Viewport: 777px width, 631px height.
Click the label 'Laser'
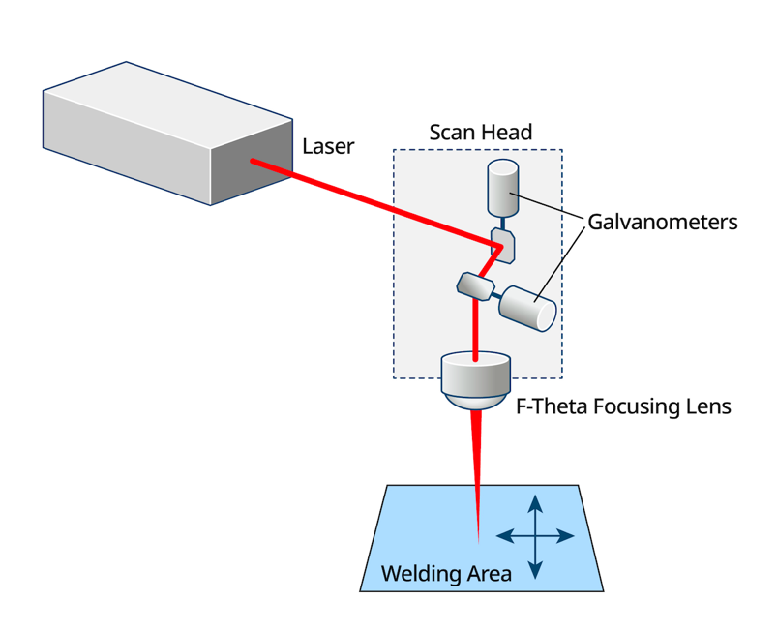click(x=328, y=147)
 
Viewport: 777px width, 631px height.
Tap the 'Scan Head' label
click(x=480, y=132)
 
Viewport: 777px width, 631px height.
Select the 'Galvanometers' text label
click(x=663, y=223)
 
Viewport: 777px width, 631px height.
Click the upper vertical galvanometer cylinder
click(x=502, y=187)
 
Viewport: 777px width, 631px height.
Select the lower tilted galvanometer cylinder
click(x=528, y=308)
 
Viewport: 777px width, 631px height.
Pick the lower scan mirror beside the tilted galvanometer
click(x=474, y=285)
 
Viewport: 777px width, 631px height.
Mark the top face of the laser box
click(x=164, y=103)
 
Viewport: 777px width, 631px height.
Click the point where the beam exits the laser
click(x=253, y=161)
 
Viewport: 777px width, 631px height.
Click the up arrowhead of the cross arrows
click(x=535, y=502)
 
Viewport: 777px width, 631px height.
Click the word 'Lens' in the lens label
click(x=706, y=406)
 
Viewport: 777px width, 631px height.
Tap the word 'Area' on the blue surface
click(x=489, y=573)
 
